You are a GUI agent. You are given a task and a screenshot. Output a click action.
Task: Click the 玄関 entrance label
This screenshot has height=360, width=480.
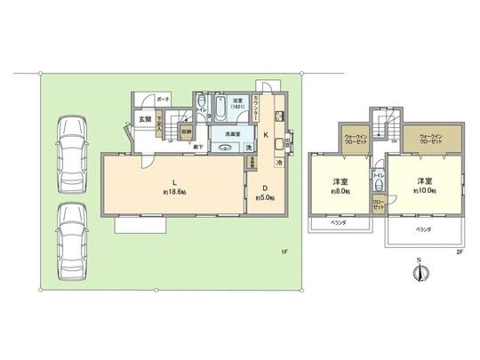point(142,119)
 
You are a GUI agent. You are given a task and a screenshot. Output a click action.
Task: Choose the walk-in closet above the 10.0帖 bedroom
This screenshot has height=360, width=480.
point(429,139)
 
